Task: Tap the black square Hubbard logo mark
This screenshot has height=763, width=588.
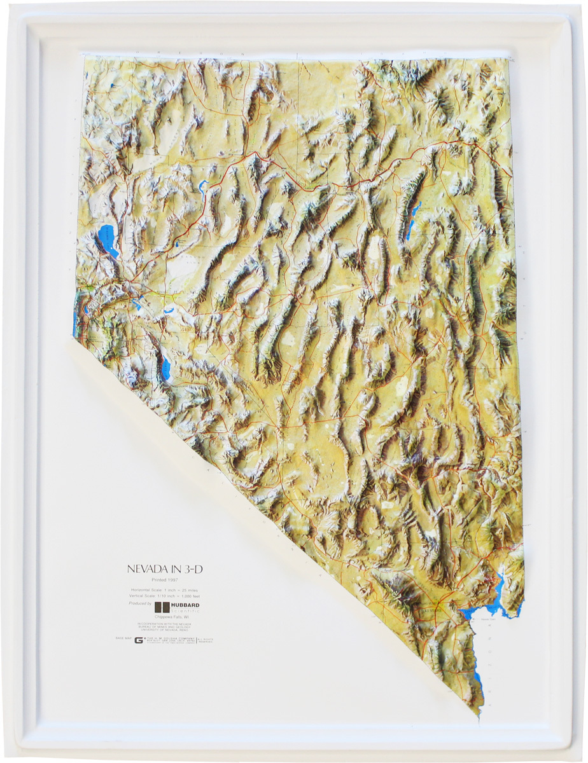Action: (162, 607)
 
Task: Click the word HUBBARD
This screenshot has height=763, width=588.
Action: (186, 605)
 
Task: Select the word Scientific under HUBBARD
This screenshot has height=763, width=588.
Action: (186, 611)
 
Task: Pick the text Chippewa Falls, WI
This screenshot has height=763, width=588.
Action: (165, 617)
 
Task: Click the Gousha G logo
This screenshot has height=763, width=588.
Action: (138, 640)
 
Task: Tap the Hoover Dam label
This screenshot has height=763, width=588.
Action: (489, 618)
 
